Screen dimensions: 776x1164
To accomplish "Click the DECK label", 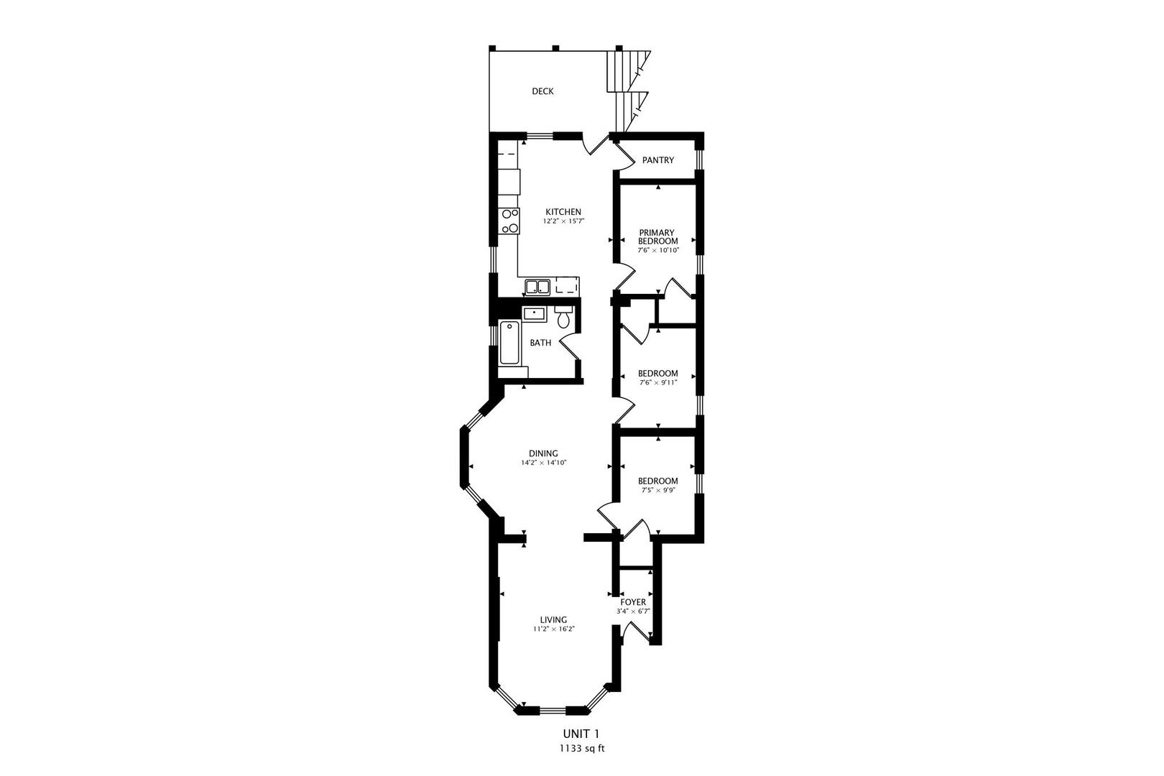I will (x=542, y=91).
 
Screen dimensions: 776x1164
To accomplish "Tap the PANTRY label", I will (x=658, y=160).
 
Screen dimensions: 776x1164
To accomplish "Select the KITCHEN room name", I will (x=563, y=212).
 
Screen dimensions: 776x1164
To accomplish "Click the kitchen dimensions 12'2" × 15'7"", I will (x=563, y=221).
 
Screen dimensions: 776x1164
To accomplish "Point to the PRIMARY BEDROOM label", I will (x=657, y=237).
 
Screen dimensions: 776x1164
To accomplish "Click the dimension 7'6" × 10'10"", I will (x=658, y=250).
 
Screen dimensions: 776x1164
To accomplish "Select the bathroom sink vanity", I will (x=534, y=313).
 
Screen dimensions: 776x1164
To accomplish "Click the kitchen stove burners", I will (x=509, y=221).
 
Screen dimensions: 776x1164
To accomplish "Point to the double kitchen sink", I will (x=537, y=287).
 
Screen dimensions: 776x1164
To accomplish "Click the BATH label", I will (x=540, y=343).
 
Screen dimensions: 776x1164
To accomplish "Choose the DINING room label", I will (x=543, y=453).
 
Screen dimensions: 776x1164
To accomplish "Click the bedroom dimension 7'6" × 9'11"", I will (x=658, y=383).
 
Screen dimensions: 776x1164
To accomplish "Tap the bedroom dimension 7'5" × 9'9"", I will (x=658, y=490).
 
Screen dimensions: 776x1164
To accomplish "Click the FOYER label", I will (x=633, y=602).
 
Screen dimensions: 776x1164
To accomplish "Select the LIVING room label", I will (x=554, y=619).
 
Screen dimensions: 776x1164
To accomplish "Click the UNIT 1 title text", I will (x=581, y=734).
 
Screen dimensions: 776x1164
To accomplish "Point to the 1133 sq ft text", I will (x=581, y=748).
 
